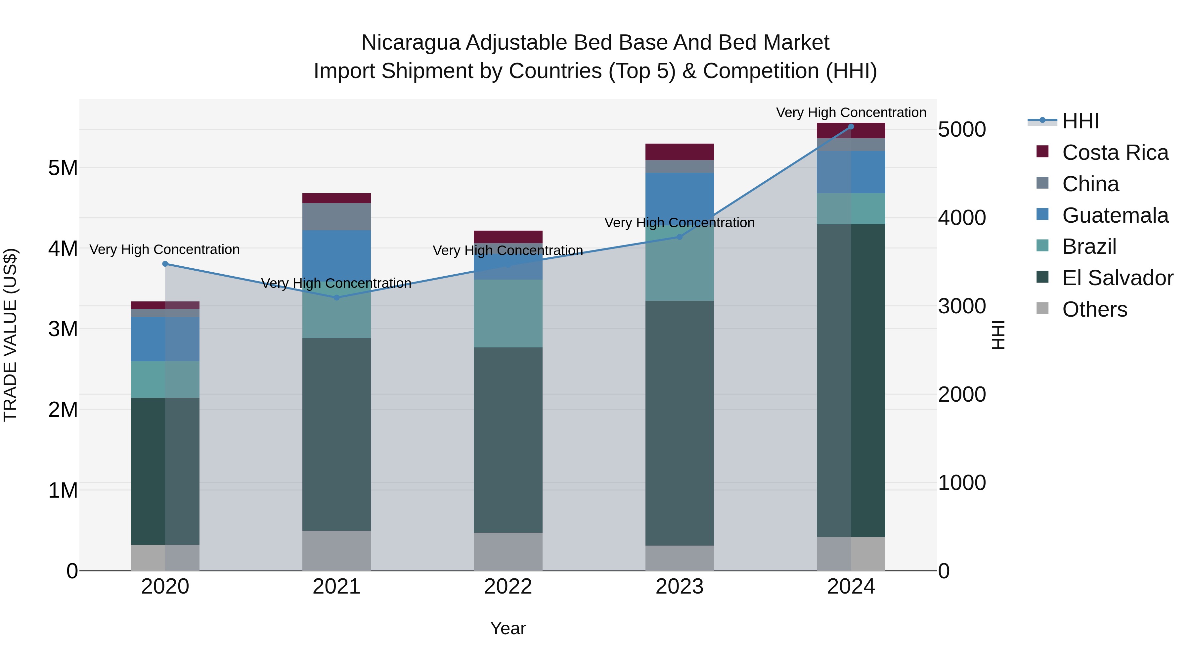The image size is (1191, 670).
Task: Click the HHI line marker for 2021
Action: coord(336,297)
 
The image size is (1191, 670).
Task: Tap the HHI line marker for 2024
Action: coord(851,127)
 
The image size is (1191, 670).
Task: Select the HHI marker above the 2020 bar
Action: coord(165,264)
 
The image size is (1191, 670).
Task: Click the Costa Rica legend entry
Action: coord(1115,153)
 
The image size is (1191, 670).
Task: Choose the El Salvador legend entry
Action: coord(1117,278)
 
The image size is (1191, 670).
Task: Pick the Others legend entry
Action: coord(1094,309)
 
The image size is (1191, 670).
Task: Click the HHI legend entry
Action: coord(1080,121)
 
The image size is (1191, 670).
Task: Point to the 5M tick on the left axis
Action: coord(63,168)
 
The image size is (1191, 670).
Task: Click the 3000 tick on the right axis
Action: coord(962,306)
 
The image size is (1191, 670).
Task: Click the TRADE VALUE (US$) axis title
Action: coord(10,335)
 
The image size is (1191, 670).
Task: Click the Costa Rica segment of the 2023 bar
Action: coord(679,152)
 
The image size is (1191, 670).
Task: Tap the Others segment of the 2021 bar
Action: coord(336,550)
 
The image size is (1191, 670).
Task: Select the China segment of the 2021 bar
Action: coord(336,216)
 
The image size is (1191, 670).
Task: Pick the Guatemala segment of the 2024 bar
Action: coord(851,172)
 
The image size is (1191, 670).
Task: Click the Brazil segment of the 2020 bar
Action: coord(165,379)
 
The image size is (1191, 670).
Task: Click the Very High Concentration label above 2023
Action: coord(679,223)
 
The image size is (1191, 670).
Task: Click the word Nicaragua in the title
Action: coord(411,43)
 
